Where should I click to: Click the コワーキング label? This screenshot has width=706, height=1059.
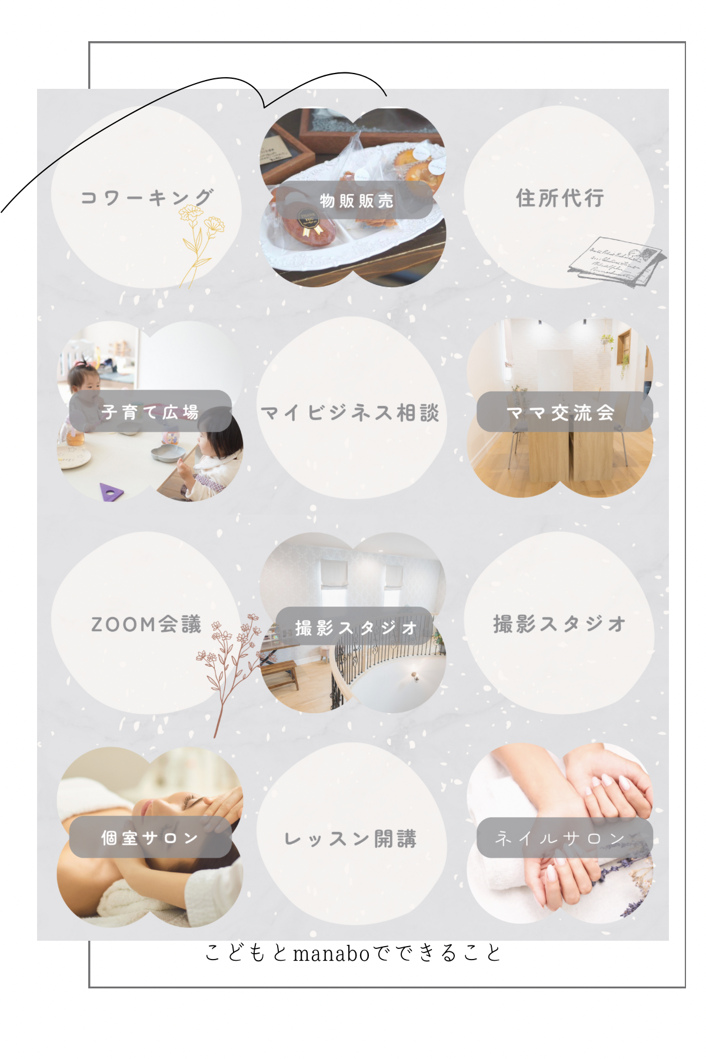click(147, 198)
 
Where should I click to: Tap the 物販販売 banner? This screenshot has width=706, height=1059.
click(355, 200)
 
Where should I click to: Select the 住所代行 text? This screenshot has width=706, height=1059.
click(560, 198)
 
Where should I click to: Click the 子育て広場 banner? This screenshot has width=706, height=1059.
click(150, 411)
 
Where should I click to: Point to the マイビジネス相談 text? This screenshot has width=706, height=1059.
click(351, 413)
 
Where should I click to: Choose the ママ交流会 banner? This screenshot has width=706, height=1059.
click(564, 412)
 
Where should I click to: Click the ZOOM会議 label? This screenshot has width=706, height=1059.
click(146, 624)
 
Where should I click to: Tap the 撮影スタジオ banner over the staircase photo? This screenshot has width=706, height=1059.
click(355, 627)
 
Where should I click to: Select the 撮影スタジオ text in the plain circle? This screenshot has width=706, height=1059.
click(559, 624)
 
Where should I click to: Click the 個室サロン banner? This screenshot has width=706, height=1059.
click(150, 837)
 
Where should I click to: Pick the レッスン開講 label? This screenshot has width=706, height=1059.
click(351, 838)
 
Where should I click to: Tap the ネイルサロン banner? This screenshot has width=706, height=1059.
click(564, 837)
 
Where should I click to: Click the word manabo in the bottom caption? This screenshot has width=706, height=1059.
click(331, 953)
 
